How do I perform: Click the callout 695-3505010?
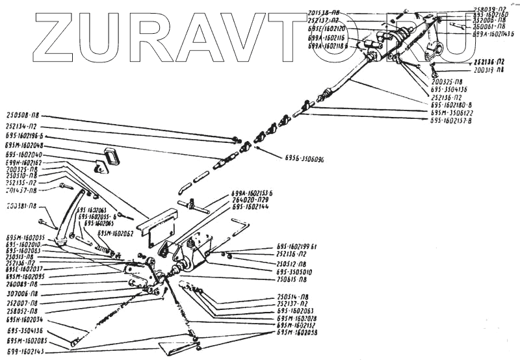(294, 272)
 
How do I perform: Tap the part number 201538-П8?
(326, 12)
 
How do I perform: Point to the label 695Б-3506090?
(304, 159)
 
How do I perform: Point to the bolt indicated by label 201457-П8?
(65, 186)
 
